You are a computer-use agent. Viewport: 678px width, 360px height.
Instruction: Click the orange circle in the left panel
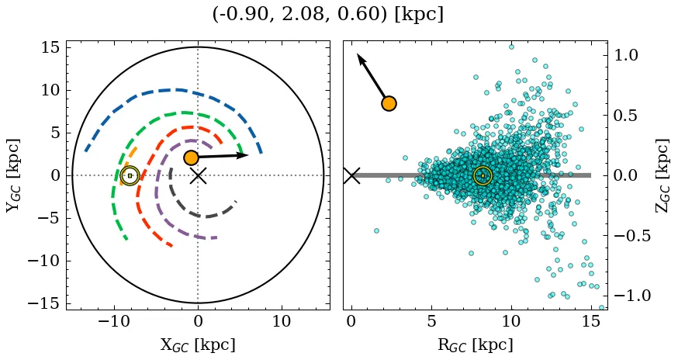pyautogui.click(x=191, y=157)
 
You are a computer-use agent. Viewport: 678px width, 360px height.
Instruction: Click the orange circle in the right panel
pyautogui.click(x=389, y=103)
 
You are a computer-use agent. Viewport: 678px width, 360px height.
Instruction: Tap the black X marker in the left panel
pyautogui.click(x=198, y=175)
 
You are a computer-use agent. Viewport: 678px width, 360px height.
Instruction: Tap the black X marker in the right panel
pyautogui.click(x=351, y=175)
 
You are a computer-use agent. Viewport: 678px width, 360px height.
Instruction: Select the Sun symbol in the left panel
pyautogui.click(x=130, y=175)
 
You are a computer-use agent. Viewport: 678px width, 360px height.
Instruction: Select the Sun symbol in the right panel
pyautogui.click(x=483, y=175)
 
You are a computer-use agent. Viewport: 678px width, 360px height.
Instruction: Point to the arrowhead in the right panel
pyautogui.click(x=359, y=57)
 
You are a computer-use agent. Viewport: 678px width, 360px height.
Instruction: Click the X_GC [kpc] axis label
pyautogui.click(x=198, y=344)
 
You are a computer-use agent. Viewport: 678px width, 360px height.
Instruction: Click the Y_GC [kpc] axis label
pyautogui.click(x=13, y=175)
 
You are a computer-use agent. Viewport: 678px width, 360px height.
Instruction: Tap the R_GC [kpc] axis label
pyautogui.click(x=476, y=344)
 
